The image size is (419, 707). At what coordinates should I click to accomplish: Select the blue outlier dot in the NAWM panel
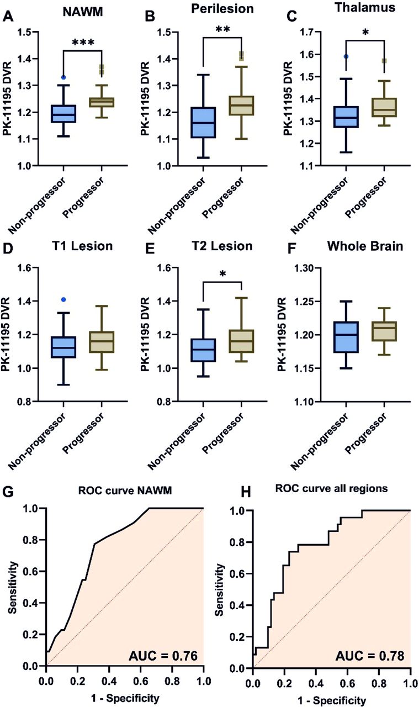coord(63,77)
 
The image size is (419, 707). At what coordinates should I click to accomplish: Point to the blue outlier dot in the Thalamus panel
coord(345,56)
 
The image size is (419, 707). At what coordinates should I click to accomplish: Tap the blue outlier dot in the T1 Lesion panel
coord(64,299)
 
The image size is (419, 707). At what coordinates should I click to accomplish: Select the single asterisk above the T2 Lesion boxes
coord(223,275)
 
